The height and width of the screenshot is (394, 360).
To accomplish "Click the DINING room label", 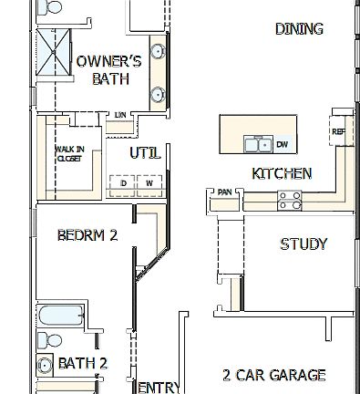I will coord(299,29).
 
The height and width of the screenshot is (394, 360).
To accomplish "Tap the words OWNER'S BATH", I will coord(108,70).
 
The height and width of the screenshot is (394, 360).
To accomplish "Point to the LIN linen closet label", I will coord(120,115).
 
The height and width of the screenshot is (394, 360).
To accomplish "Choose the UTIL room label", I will coord(146,153).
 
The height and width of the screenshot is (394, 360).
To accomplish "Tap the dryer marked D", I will coord(123,183).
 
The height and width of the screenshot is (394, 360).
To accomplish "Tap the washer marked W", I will coord(149,183).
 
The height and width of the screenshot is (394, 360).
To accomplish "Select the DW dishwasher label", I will coord(282,144).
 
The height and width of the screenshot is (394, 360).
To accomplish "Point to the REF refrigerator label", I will coord(338,131).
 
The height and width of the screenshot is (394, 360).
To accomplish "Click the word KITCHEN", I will coord(282,173).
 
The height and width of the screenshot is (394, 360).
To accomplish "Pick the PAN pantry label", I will coord(225,192).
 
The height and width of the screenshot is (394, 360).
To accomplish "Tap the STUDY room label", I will coord(303,244).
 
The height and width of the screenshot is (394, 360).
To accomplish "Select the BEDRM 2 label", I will coord(87,235).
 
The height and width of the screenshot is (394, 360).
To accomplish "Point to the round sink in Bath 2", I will coord(43,366).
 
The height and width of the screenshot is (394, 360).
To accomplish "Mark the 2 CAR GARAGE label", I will coord(273,375).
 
